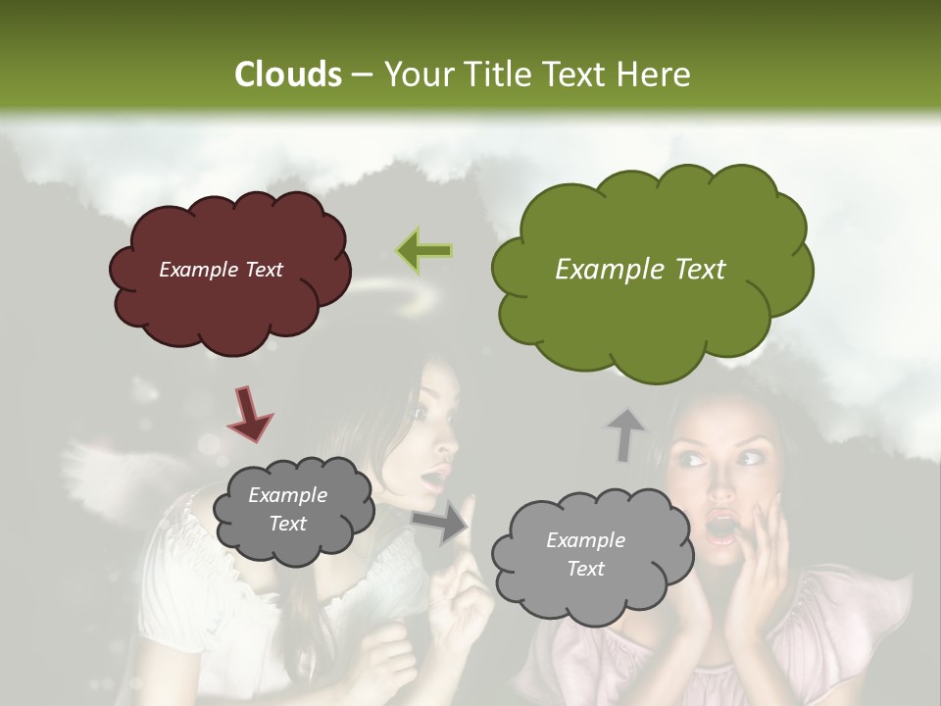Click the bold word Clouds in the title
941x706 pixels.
288,75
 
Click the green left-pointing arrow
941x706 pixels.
424,251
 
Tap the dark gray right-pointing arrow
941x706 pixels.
440,522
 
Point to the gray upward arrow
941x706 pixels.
626,433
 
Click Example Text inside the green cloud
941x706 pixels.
640,270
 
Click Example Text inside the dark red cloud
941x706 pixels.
221,270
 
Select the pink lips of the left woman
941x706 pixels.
432,479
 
